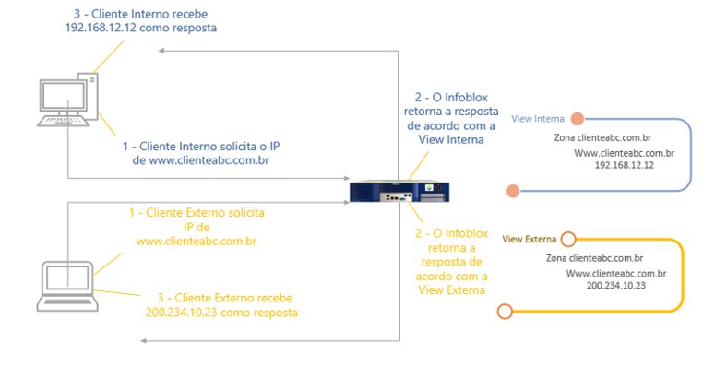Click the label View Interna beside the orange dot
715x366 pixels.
click(538, 119)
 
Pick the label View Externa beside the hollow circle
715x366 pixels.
click(529, 239)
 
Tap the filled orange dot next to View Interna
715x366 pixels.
click(577, 119)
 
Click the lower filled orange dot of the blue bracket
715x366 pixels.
click(512, 191)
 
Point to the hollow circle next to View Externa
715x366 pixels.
click(568, 239)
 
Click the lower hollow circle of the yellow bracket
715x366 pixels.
click(504, 312)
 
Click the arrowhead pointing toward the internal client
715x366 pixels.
click(158, 52)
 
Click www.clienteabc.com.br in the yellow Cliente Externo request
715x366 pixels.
click(196, 242)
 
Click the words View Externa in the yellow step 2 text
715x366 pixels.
click(452, 289)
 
